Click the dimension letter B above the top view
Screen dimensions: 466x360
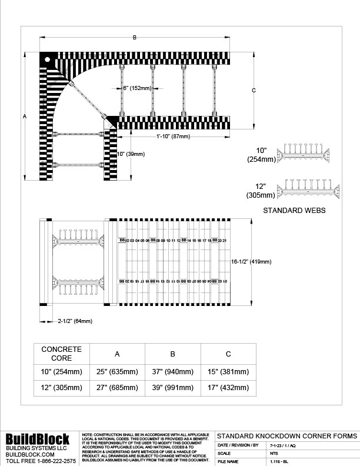point(135,38)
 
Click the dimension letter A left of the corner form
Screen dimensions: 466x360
point(25,116)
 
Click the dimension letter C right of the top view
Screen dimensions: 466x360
point(254,91)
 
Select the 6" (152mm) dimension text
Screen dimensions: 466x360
point(137,88)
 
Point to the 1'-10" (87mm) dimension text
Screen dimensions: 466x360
point(174,137)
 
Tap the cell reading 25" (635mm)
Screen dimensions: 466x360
point(117,372)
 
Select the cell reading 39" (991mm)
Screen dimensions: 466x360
point(173,387)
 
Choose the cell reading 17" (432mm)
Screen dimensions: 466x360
point(229,387)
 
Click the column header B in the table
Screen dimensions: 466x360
point(173,354)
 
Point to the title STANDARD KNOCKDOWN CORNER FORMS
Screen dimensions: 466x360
point(286,436)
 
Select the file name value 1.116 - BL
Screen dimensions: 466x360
point(279,462)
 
